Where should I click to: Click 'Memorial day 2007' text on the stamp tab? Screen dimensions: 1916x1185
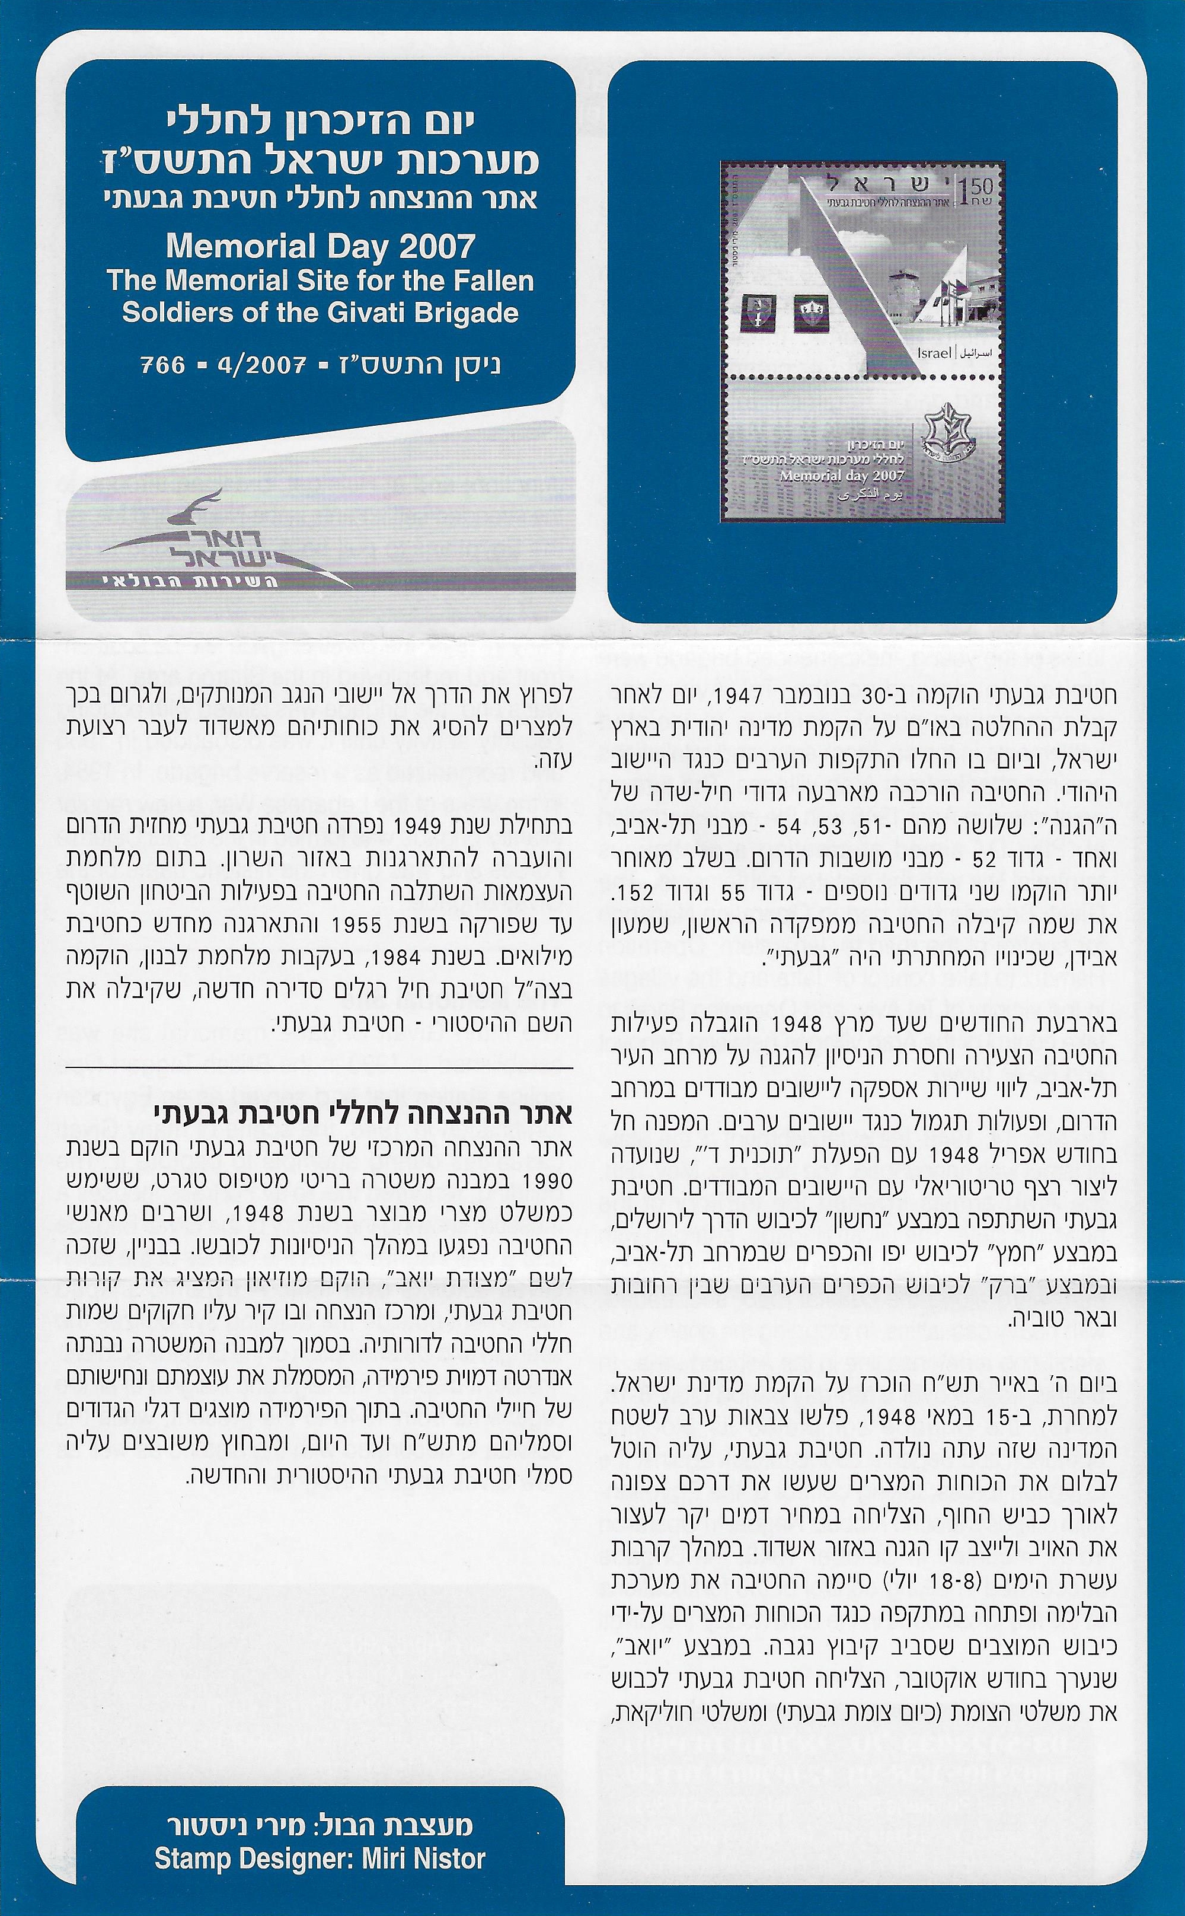[x=842, y=475]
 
